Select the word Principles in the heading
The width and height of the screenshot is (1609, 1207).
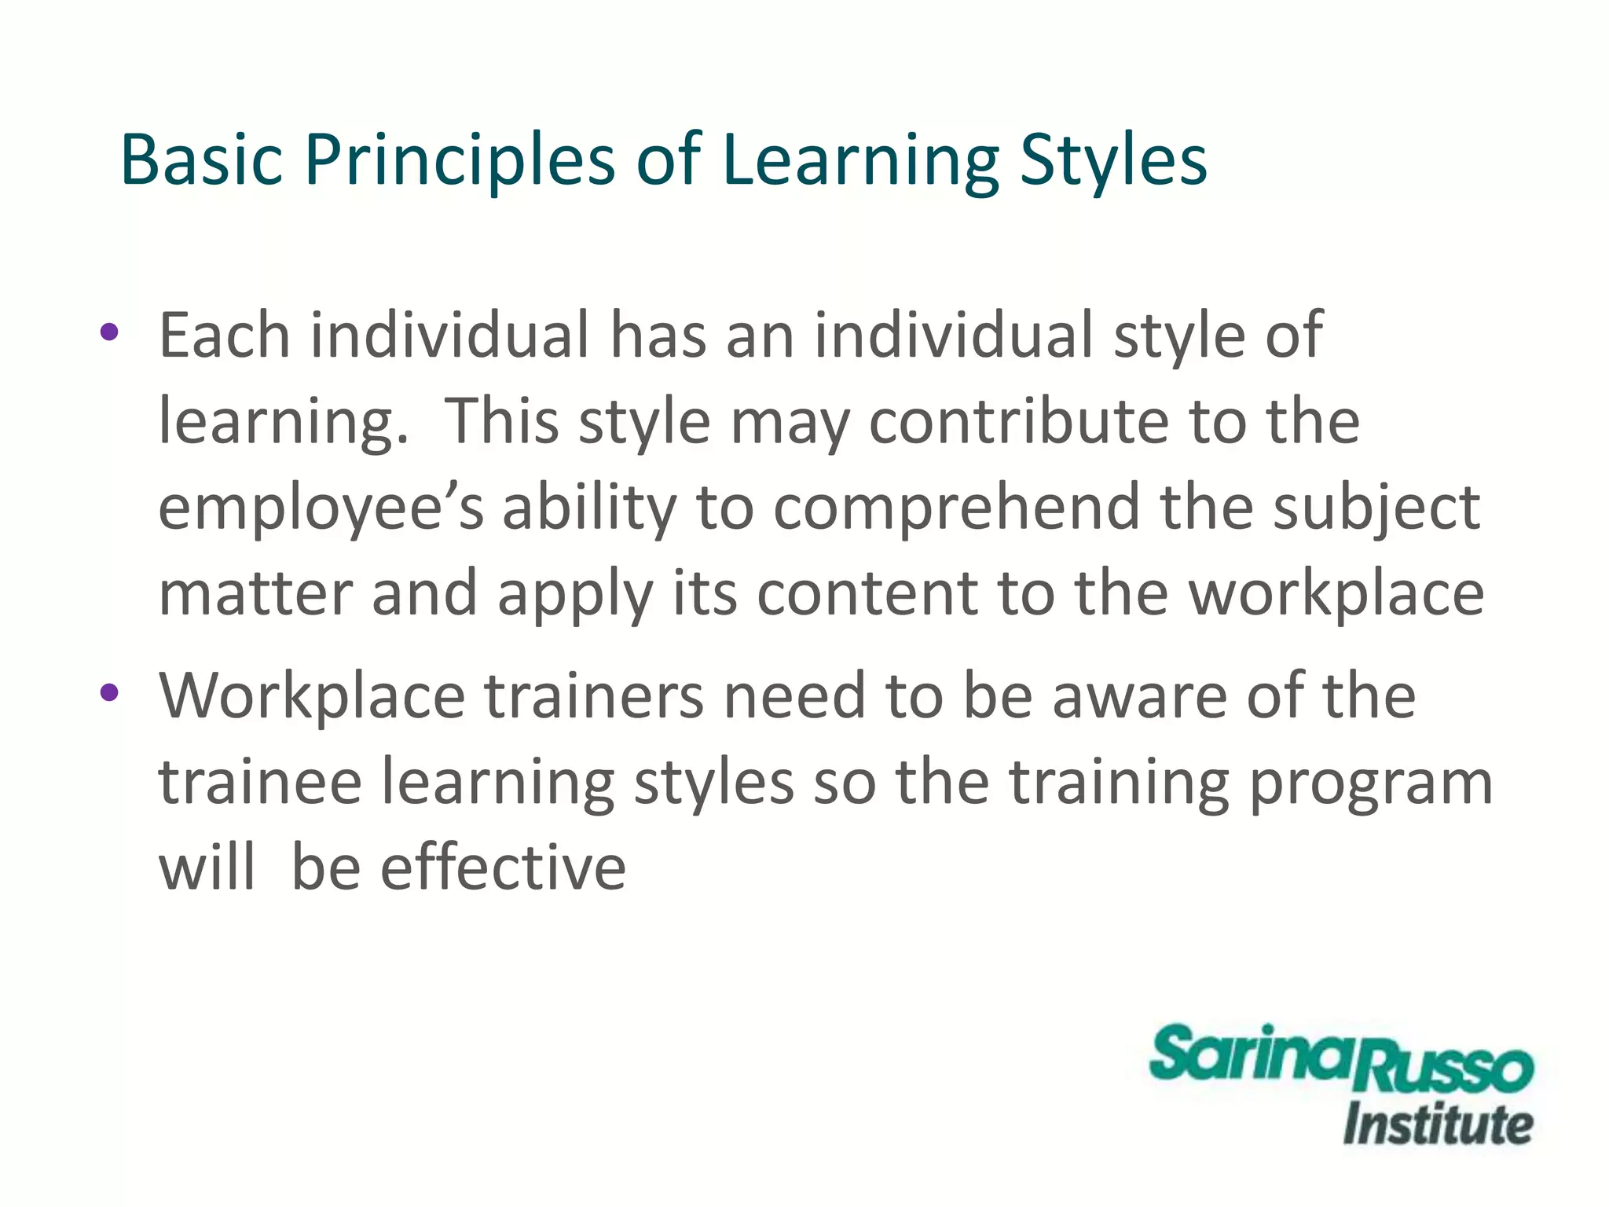tap(460, 161)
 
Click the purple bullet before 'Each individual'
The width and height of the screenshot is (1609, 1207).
tap(109, 332)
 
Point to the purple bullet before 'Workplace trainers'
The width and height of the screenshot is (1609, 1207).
tap(109, 692)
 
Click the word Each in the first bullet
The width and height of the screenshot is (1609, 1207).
tap(225, 336)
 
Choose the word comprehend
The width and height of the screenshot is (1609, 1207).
tap(956, 507)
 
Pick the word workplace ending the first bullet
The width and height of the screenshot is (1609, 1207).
tap(1336, 594)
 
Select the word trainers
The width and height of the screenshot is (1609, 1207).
tap(594, 695)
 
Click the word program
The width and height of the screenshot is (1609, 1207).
tap(1370, 783)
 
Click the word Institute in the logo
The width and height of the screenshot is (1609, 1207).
tap(1438, 1125)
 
